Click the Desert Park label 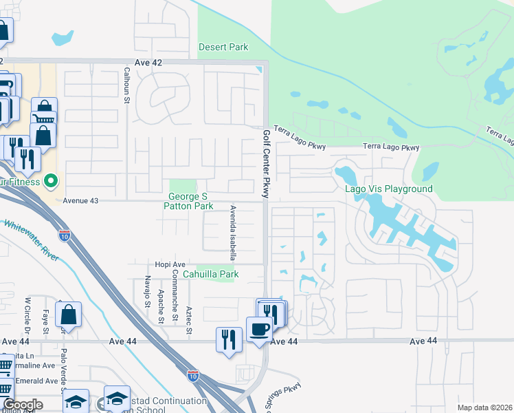click(223, 47)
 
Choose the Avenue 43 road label click(81, 200)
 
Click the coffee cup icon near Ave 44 click(258, 329)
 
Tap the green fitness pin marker click(49, 182)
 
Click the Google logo click(23, 405)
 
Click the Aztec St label click(188, 306)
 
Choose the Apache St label click(161, 306)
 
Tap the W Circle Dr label click(28, 314)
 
